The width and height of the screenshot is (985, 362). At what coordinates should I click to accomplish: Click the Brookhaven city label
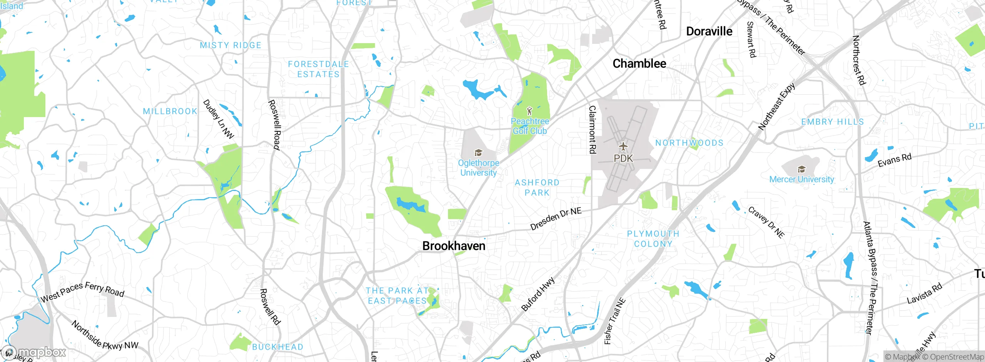pos(454,246)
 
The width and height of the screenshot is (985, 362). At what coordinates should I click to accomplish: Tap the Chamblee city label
pos(639,64)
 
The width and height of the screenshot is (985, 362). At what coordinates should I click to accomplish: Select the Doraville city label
pos(709,31)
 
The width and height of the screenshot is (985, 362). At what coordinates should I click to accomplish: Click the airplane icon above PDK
pos(623,147)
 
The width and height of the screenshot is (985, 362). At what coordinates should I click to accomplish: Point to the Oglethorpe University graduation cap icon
pos(478,153)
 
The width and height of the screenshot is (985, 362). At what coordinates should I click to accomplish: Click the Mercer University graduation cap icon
pos(801,169)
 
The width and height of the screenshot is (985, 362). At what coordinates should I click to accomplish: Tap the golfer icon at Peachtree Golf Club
pos(529,111)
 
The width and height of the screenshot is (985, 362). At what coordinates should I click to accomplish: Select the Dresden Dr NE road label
pos(556,219)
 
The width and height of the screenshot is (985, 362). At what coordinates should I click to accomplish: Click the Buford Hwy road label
pos(538,294)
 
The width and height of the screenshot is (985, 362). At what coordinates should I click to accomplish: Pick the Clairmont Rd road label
pos(593,129)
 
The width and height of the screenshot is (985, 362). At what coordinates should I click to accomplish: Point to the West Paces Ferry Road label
pos(82,292)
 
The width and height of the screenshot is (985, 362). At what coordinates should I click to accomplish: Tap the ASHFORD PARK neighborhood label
pos(537,188)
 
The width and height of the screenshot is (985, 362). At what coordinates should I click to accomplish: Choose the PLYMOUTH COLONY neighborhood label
pos(653,239)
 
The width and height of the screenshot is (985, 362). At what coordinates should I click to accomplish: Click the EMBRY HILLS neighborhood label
pos(832,122)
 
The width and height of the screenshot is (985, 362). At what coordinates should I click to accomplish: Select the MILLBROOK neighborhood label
pos(170,111)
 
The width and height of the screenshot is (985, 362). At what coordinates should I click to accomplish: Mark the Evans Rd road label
pos(894,160)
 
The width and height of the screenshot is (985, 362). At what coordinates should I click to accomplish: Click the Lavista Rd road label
pos(924,293)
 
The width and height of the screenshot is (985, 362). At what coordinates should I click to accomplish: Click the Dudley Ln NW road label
pos(218,119)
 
